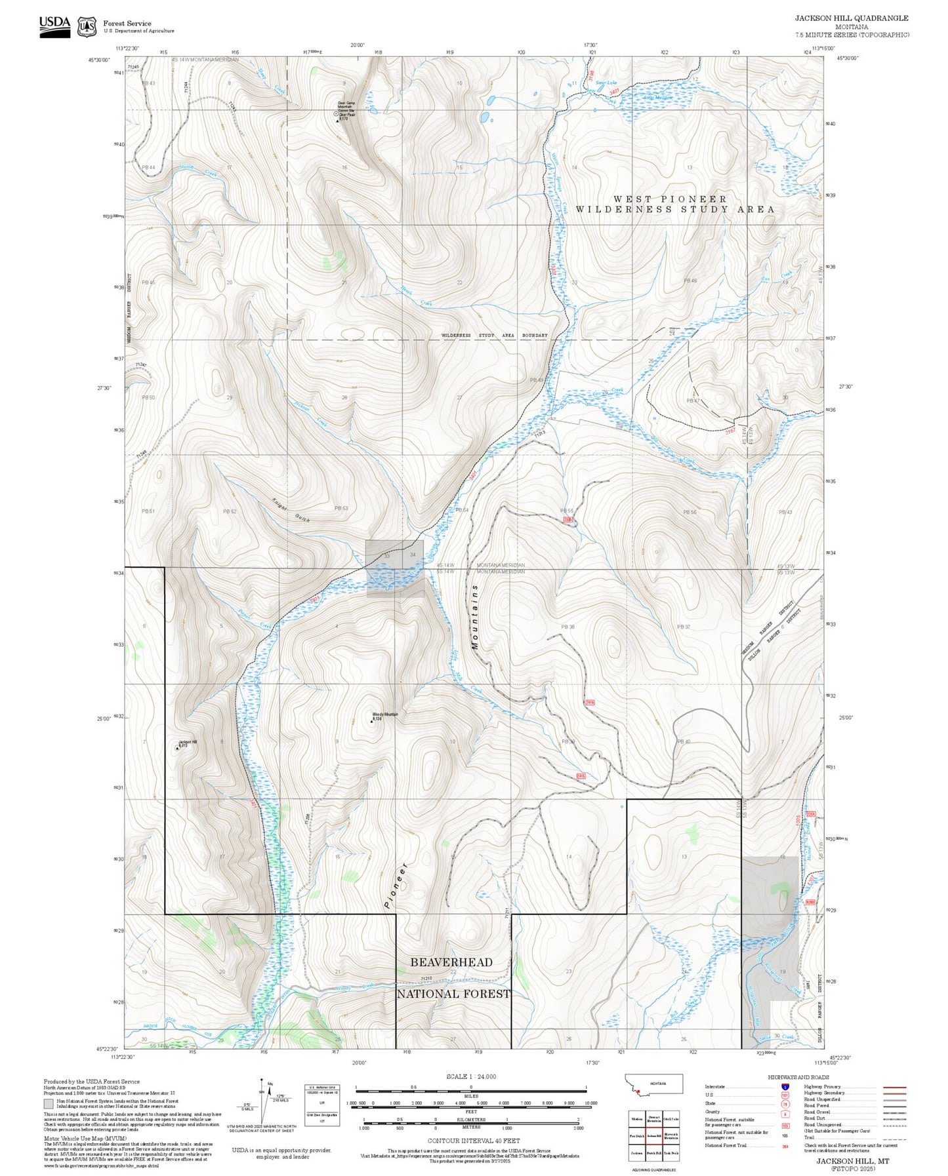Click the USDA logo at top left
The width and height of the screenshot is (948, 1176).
[x=54, y=26]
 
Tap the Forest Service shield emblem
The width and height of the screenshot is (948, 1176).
[x=87, y=26]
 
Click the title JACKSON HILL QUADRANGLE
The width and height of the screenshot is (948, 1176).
[x=852, y=18]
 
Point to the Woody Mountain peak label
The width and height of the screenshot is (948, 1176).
[x=385, y=715]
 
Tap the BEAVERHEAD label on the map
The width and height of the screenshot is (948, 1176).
[x=451, y=962]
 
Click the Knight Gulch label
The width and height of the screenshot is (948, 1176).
[x=291, y=510]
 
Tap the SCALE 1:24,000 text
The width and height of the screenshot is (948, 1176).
[x=471, y=1076]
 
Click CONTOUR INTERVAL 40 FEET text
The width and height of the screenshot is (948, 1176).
[x=473, y=1141]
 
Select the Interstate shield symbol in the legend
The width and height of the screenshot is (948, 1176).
[x=785, y=1086]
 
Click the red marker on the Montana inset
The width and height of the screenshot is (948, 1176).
[x=638, y=1091]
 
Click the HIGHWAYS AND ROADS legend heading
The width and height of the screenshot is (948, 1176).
[x=798, y=1077]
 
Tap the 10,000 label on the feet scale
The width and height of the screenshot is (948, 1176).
[x=590, y=1103]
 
